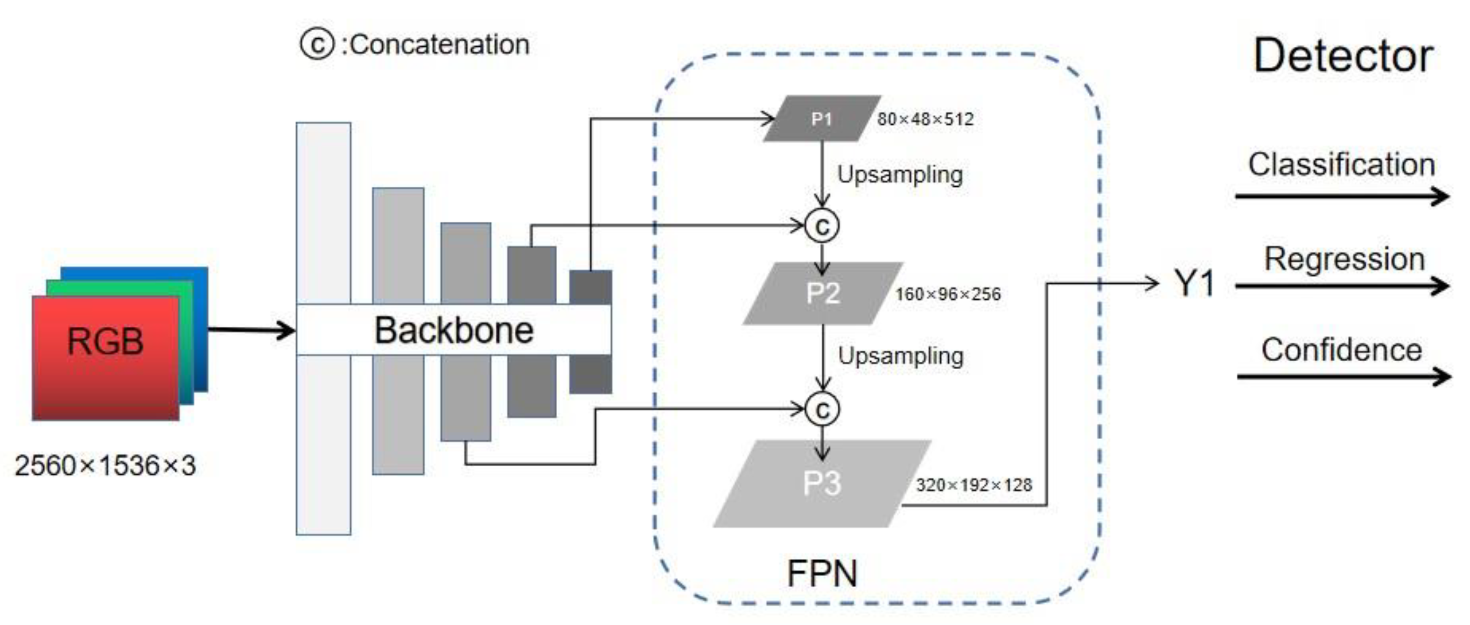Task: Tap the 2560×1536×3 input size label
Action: (x=105, y=465)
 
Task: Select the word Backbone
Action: (x=454, y=330)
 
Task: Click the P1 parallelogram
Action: (x=822, y=119)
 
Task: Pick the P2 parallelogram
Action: (x=822, y=294)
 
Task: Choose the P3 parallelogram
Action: (x=822, y=484)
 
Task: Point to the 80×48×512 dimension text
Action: (x=925, y=119)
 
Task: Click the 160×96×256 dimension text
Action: (x=948, y=294)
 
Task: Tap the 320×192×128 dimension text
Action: (x=973, y=485)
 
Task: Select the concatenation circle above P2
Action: (x=822, y=226)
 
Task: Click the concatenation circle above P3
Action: (x=822, y=409)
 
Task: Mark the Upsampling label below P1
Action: (x=900, y=175)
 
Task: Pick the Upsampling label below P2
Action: (x=901, y=356)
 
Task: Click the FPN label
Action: (x=822, y=573)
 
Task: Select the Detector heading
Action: (x=1343, y=56)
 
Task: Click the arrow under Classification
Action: (x=1341, y=197)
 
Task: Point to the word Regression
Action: (x=1344, y=259)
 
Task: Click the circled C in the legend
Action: (x=317, y=44)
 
